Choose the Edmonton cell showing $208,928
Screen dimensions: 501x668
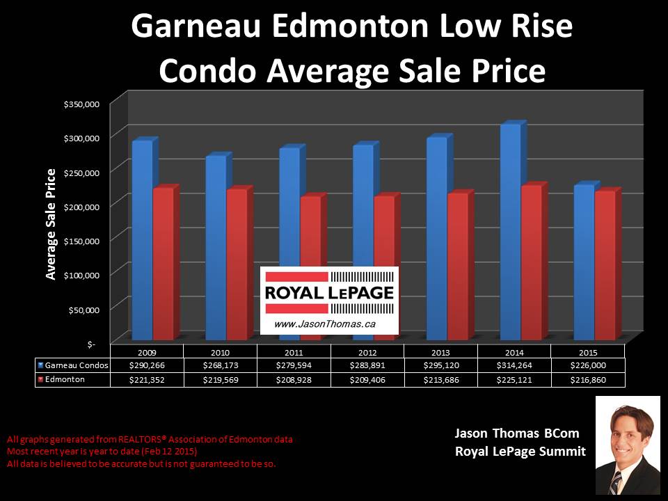coord(294,380)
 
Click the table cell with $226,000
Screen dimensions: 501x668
coord(588,365)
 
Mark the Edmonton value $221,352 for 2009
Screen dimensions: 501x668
coord(146,380)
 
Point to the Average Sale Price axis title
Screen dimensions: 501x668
coord(51,224)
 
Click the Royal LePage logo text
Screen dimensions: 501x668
coord(329,293)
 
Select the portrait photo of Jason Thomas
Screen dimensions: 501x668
coord(628,445)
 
